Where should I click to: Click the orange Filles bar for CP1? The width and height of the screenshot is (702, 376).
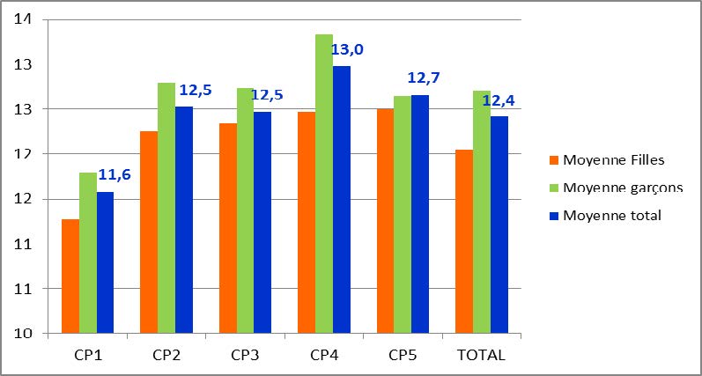[x=70, y=276]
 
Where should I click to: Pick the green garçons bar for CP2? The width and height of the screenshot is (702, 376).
[x=166, y=208]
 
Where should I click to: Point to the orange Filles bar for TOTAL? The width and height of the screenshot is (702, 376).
[x=464, y=241]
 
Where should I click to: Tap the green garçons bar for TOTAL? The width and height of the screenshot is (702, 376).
[x=482, y=211]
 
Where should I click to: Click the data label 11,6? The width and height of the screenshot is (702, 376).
[x=115, y=174]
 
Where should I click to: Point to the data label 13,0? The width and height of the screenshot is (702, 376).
[x=346, y=49]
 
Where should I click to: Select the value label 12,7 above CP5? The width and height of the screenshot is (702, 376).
[x=423, y=77]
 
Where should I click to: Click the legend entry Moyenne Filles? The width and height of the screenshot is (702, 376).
[x=613, y=159]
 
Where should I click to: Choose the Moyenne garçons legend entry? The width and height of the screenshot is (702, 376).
[x=622, y=188]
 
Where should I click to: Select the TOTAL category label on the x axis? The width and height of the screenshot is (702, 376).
[x=482, y=356]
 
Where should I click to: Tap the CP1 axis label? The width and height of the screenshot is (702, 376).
[x=87, y=356]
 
